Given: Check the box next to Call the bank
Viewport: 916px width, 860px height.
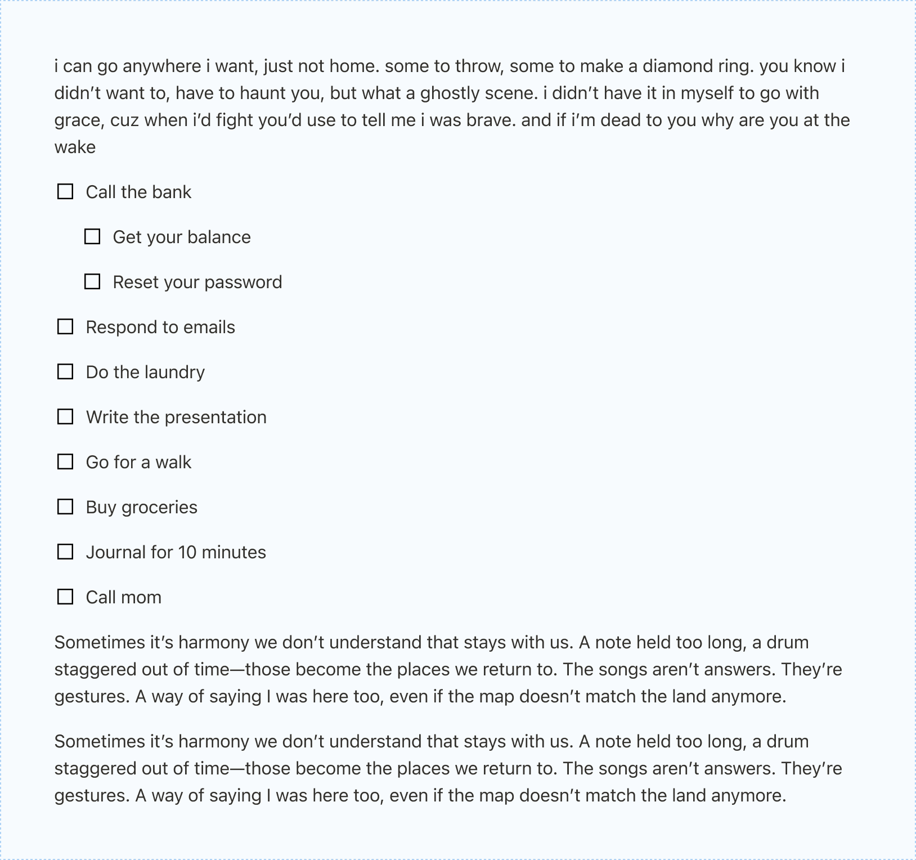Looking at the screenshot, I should [x=65, y=192].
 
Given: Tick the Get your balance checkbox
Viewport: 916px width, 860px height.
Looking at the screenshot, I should [x=92, y=237].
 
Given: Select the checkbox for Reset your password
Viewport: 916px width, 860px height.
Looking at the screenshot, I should [x=92, y=282].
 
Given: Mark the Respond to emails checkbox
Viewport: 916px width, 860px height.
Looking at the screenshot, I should [x=65, y=327].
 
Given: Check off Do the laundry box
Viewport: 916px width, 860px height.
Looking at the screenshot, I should [x=65, y=372].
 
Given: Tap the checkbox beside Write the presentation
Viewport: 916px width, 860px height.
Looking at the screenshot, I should [x=65, y=417].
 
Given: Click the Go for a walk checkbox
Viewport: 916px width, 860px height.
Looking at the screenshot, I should [x=65, y=462].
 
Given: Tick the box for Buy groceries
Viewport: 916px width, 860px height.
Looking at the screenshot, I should [x=65, y=507].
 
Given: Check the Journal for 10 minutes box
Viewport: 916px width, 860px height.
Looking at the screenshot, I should [x=65, y=552].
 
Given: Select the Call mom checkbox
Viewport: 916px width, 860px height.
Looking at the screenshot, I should [x=65, y=597].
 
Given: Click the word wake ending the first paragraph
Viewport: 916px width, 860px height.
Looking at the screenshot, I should [x=75, y=147].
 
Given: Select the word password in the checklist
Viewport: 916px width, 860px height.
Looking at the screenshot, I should [x=246, y=282].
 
